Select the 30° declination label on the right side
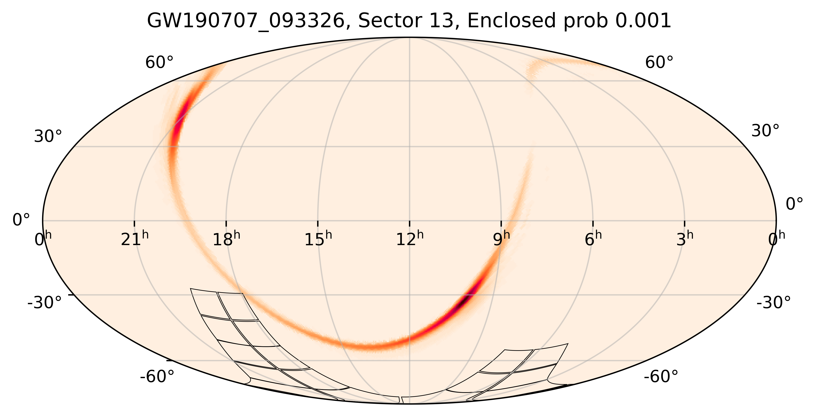click(x=765, y=131)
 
